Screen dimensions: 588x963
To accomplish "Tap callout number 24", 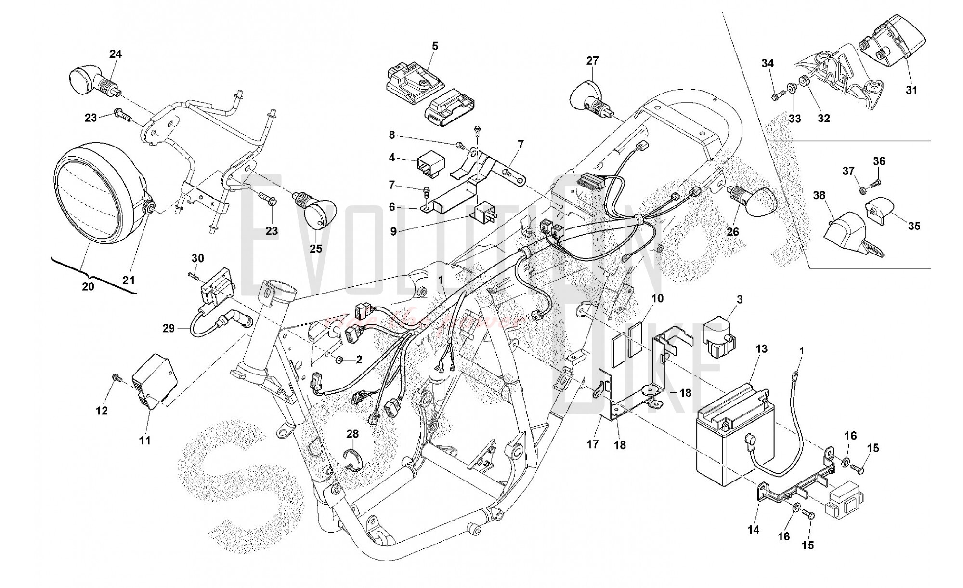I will click(115, 54).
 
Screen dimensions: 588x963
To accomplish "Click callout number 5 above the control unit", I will click(435, 46).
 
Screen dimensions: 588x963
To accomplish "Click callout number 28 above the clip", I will click(352, 434).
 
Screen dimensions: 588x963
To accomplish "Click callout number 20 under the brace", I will click(88, 286).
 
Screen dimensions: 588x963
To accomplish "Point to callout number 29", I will click(168, 329).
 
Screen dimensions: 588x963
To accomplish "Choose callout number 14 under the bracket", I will click(754, 529).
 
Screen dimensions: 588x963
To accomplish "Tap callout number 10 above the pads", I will click(657, 298).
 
